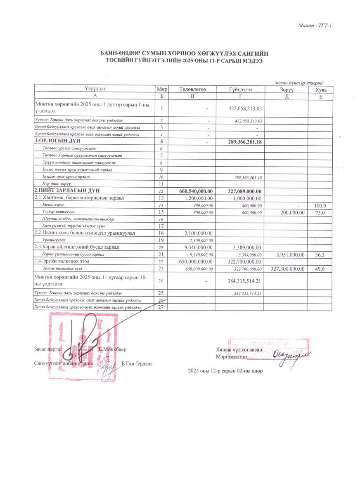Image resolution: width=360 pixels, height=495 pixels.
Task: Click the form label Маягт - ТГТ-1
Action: tap(315, 26)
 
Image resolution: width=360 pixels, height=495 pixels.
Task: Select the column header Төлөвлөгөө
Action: tap(192, 90)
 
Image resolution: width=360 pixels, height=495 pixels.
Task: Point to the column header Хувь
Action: tap(321, 90)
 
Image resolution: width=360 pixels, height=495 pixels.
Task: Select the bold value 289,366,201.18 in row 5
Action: tap(246, 142)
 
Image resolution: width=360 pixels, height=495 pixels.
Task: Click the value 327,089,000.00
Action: tap(246, 191)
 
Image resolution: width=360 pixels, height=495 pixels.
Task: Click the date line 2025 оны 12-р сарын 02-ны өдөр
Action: tap(225, 371)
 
